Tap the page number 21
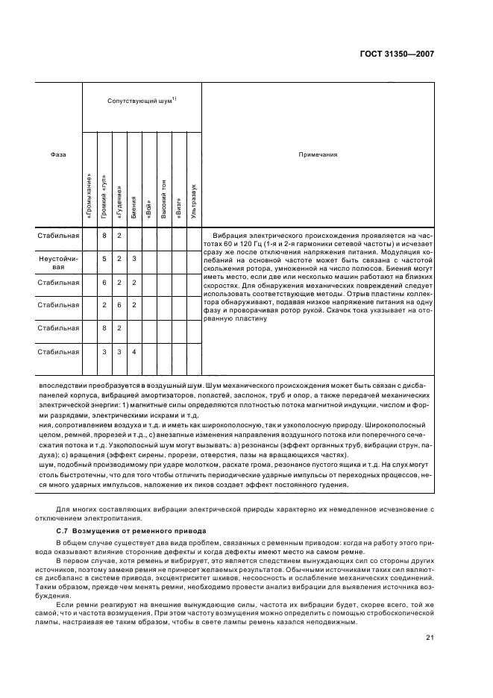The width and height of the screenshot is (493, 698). coord(430,636)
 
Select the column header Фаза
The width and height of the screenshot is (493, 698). coord(57,154)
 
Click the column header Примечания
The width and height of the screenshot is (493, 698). coord(318,154)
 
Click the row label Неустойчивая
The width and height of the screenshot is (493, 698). coord(58,262)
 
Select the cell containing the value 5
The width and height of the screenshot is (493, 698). coord(105,258)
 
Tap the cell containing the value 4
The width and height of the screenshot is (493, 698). coord(134,351)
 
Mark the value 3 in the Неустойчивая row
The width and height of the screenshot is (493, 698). coord(134,258)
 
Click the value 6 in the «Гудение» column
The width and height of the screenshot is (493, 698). coord(119,304)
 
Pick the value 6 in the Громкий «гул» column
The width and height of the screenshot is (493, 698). coord(105,282)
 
